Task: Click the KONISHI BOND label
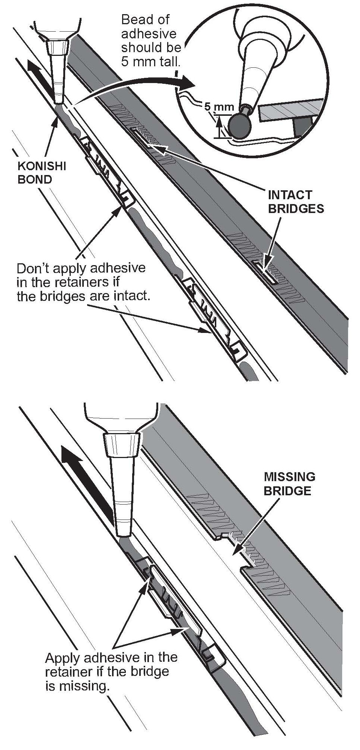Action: [x=42, y=172]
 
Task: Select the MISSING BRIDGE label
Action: [x=289, y=484]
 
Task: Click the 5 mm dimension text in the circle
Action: [x=219, y=107]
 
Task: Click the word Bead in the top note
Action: [x=137, y=19]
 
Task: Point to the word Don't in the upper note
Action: [x=34, y=268]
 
